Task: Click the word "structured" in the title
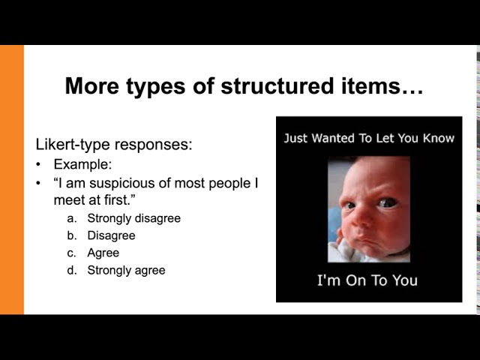(277, 86)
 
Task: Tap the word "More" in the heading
(91, 86)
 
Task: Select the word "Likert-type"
(73, 144)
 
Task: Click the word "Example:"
(83, 164)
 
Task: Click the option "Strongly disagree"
(134, 218)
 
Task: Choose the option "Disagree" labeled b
(112, 235)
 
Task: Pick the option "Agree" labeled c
(103, 253)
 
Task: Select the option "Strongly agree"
(127, 270)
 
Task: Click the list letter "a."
(71, 219)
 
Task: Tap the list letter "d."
(72, 271)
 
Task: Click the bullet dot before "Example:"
(38, 165)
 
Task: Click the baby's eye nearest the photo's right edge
(387, 202)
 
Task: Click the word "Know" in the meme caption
(439, 138)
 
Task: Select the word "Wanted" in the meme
(333, 138)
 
